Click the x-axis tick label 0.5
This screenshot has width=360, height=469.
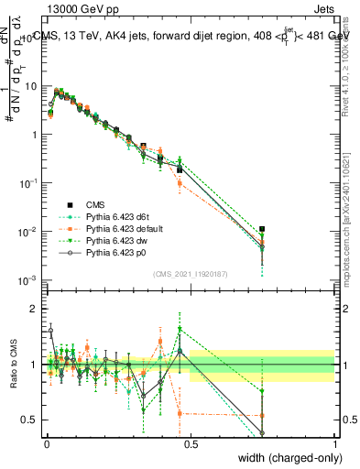coord(191,442)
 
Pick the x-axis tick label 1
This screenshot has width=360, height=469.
coord(334,442)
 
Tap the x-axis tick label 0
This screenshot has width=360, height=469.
coord(47,442)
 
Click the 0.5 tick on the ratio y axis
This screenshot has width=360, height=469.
coord(31,420)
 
